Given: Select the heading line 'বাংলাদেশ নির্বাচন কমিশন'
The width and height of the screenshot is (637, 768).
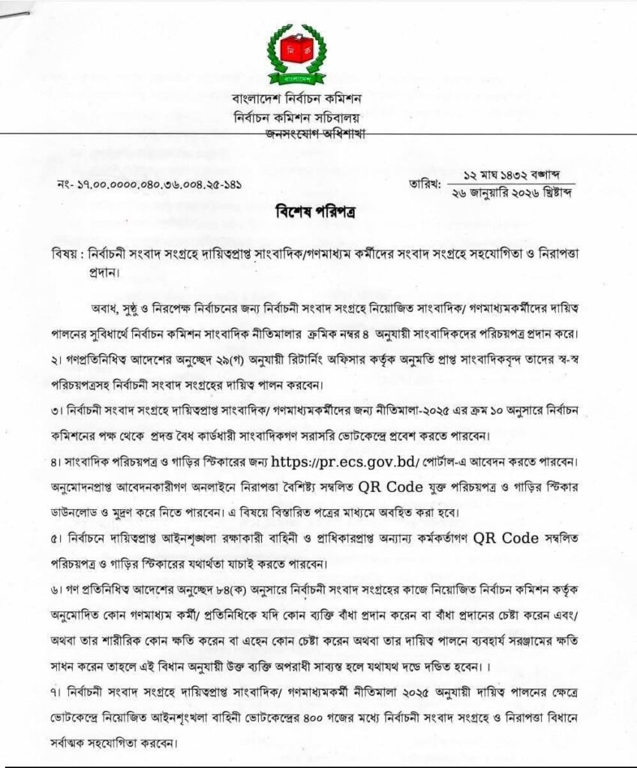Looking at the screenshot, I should pos(298,100).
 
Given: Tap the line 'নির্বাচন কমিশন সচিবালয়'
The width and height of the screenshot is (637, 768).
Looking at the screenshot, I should pos(298,118).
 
